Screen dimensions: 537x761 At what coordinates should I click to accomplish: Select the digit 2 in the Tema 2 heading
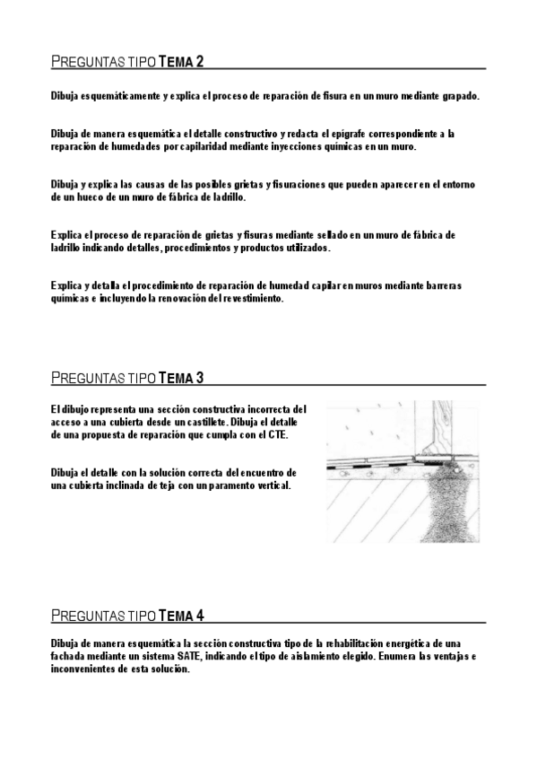(199, 62)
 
